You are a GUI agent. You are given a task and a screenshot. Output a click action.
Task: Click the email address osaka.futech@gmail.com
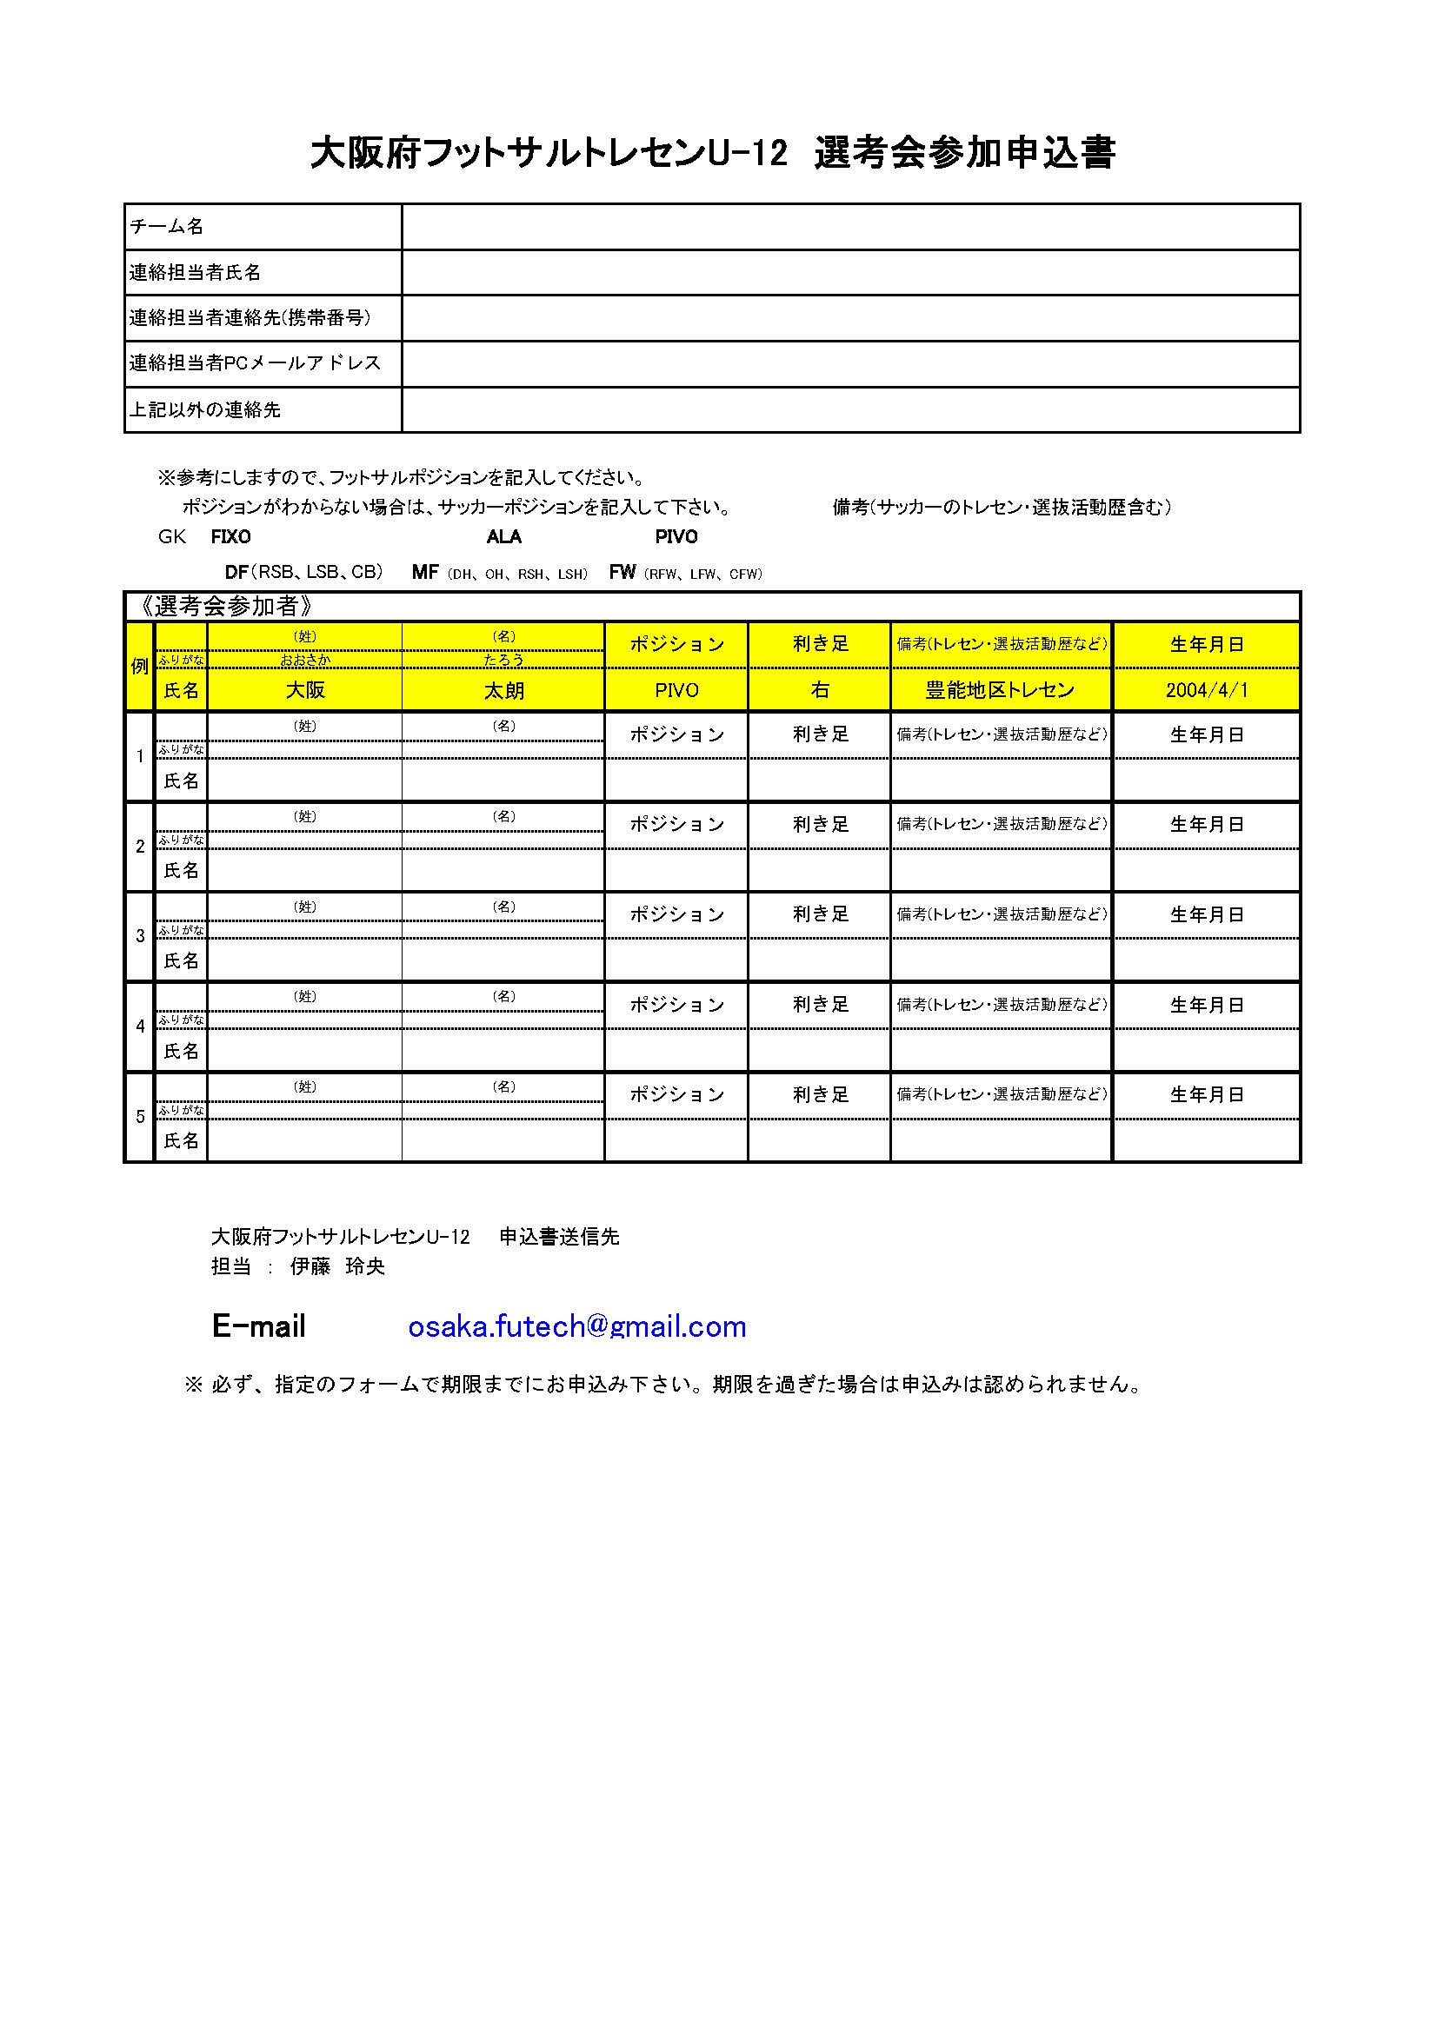576,1326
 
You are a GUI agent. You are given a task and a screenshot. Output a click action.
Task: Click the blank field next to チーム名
850,227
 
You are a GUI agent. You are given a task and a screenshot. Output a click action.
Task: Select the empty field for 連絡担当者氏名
850,273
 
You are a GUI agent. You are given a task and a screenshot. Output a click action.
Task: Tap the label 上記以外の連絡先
204,410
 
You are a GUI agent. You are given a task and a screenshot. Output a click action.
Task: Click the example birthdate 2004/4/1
1206,691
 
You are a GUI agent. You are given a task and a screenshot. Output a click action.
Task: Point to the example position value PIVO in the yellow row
676,691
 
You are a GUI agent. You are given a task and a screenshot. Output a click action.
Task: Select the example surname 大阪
304,691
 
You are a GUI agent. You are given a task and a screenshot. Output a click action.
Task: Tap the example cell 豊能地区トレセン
1000,691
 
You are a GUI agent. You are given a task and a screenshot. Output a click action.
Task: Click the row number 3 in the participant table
140,937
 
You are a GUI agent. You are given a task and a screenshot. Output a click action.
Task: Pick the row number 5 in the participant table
140,1118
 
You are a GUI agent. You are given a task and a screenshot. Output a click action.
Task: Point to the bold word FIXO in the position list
230,537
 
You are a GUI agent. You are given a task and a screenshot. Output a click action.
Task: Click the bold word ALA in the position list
504,537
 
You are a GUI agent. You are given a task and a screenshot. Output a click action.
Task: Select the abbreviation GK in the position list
172,537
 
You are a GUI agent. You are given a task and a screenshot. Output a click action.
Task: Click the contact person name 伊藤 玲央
337,1267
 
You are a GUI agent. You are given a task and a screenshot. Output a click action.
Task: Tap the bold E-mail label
258,1326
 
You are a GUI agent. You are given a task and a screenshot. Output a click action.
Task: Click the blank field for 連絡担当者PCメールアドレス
850,364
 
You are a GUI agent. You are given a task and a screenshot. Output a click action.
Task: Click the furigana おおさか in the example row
304,661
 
